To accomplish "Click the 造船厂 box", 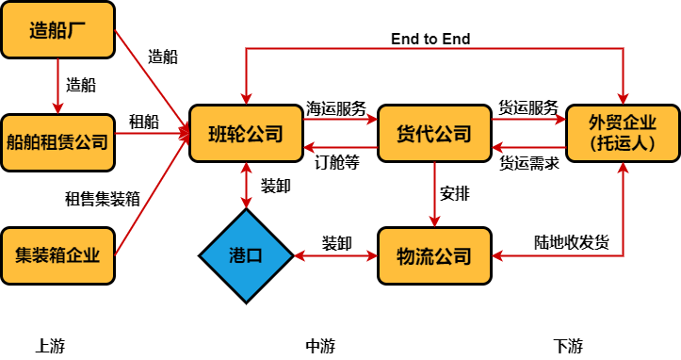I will [x=57, y=29].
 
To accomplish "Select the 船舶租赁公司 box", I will [x=57, y=143].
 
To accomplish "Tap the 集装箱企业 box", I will [x=57, y=255].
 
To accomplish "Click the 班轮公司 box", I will [x=246, y=134].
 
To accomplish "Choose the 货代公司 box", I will [x=434, y=134].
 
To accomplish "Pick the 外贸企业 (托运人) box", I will [x=623, y=133].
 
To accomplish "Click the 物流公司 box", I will [x=434, y=255].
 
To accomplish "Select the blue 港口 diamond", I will [x=246, y=255].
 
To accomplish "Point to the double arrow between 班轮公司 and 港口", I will [x=246, y=185].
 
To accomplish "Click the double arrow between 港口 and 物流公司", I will [x=335, y=255].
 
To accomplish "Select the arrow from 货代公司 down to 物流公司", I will [x=434, y=194].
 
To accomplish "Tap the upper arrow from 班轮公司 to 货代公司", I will [x=340, y=120].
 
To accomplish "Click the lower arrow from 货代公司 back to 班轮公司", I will [x=340, y=147].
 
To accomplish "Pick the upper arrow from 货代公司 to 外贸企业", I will [x=528, y=120].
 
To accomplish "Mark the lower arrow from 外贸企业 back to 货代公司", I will [x=528, y=147].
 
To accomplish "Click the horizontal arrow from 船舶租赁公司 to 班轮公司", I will [x=151, y=134].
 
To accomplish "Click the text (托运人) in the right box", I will [x=623, y=144].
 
